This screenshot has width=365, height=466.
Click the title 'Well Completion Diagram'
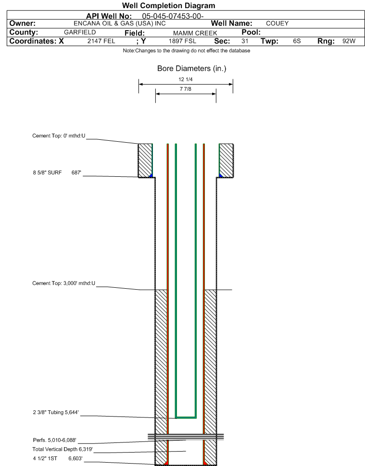pyautogui.click(x=168, y=6)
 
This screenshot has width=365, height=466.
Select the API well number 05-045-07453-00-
pyautogui.click(x=173, y=16)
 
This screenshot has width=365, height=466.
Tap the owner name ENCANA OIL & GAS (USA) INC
pyautogui.click(x=120, y=24)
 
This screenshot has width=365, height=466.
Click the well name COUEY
pyautogui.click(x=277, y=24)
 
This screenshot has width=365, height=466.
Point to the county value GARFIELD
pyautogui.click(x=80, y=32)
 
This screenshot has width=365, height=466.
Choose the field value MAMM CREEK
pyautogui.click(x=195, y=33)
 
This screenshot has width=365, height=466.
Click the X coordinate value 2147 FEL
pyautogui.click(x=101, y=41)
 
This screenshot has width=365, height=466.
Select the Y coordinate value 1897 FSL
pyautogui.click(x=182, y=41)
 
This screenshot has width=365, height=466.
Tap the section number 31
pyautogui.click(x=245, y=41)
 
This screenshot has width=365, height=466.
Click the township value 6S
pyautogui.click(x=297, y=41)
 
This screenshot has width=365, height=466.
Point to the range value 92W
pyautogui.click(x=349, y=41)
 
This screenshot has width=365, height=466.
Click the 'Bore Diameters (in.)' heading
pyautogui.click(x=191, y=69)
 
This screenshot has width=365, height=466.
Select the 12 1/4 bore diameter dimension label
pyautogui.click(x=186, y=79)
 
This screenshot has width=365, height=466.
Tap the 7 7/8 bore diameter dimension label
pyautogui.click(x=186, y=89)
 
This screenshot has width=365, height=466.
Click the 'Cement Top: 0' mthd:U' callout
pyautogui.click(x=59, y=136)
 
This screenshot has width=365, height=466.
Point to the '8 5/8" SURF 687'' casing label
pyautogui.click(x=57, y=172)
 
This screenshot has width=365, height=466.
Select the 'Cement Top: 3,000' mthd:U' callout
pyautogui.click(x=63, y=283)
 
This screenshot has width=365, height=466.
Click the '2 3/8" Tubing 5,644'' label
pyautogui.click(x=56, y=413)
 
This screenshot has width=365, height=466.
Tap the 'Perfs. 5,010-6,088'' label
pyautogui.click(x=54, y=440)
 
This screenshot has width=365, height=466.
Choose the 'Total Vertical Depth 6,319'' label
pyautogui.click(x=63, y=449)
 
